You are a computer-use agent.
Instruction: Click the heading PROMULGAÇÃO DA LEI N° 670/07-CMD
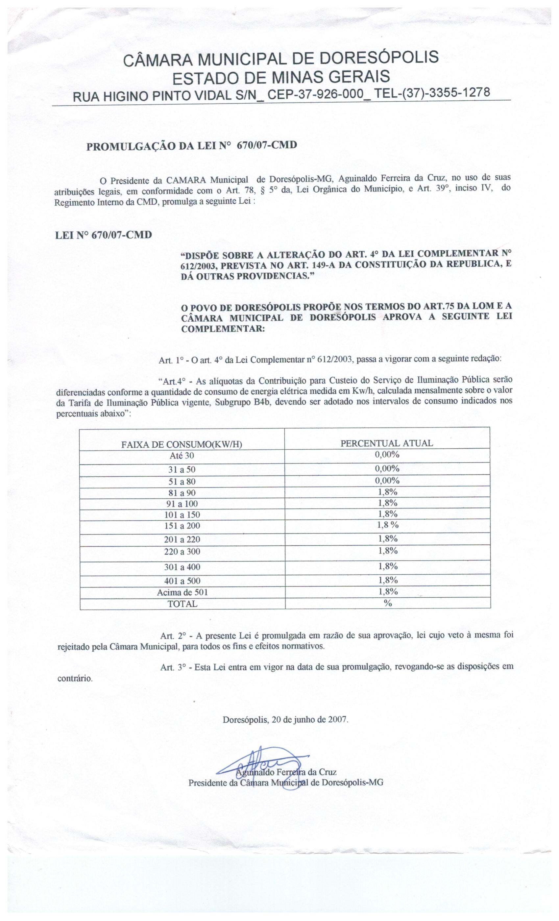tap(192, 145)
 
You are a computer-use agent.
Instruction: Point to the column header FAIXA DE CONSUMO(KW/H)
tap(182, 444)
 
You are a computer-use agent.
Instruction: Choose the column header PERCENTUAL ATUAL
tap(387, 443)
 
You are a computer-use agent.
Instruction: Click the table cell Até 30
tap(182, 456)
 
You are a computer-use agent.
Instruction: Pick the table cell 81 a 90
tap(182, 493)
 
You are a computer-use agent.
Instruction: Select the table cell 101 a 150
tap(182, 515)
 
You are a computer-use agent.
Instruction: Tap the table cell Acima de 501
tap(182, 592)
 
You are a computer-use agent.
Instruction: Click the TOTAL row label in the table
tap(182, 604)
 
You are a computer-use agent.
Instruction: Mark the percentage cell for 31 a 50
tap(387, 468)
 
